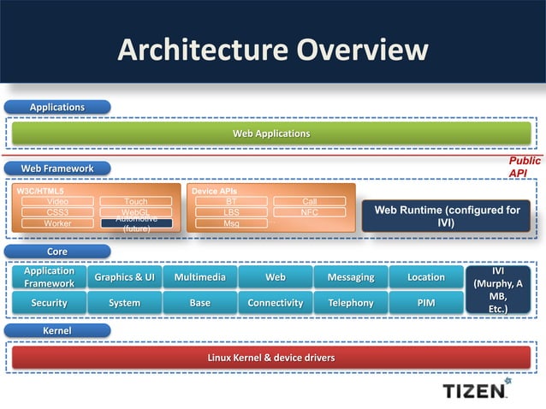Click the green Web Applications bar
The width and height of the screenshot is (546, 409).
(x=270, y=133)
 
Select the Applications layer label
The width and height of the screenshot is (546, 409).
(x=57, y=107)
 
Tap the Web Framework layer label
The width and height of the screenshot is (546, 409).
(x=57, y=168)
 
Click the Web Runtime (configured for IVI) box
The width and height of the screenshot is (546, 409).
(x=447, y=216)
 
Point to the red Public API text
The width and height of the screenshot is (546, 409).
(x=524, y=167)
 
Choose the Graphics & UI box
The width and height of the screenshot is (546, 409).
(x=124, y=277)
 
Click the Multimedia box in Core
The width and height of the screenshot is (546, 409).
(x=199, y=277)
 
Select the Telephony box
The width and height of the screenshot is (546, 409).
(x=350, y=303)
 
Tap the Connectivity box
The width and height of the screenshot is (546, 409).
(x=275, y=303)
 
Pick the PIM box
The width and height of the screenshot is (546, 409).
(x=425, y=303)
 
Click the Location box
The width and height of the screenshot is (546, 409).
(x=425, y=277)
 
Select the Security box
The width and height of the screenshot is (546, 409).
(x=49, y=303)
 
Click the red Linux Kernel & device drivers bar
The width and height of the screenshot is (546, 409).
(x=270, y=357)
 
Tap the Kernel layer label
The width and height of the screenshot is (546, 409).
(x=57, y=329)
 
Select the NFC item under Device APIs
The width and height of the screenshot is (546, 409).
(x=310, y=212)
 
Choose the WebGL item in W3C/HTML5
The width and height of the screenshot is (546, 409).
(x=135, y=212)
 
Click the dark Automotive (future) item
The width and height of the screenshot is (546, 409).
(x=135, y=223)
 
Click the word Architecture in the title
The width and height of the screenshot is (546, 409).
(x=202, y=50)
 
